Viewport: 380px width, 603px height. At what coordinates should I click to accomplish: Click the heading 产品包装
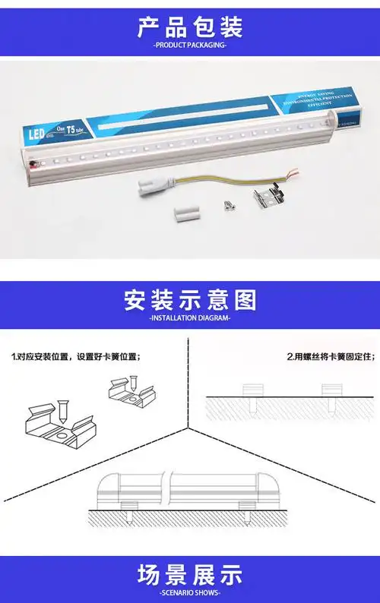pos(190,28)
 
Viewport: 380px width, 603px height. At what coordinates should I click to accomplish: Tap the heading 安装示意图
pos(190,301)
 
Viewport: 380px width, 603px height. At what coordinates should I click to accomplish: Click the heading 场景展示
pos(190,573)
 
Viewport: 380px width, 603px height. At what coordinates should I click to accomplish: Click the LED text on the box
pos(36,131)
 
